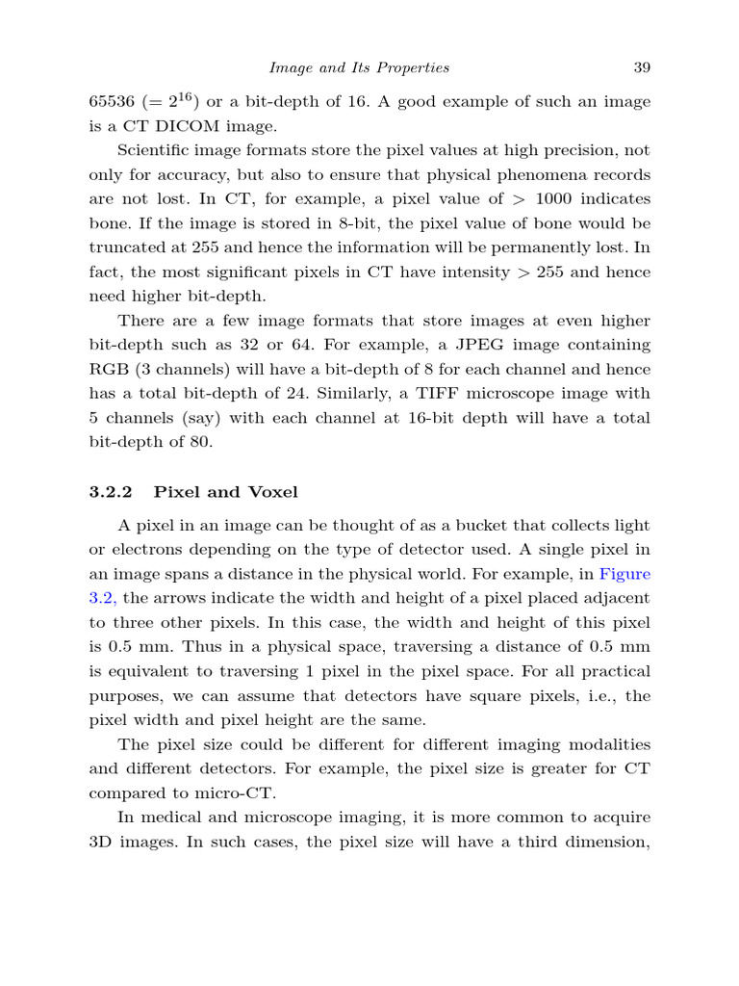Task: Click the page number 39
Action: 642,67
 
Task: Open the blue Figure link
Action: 625,574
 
